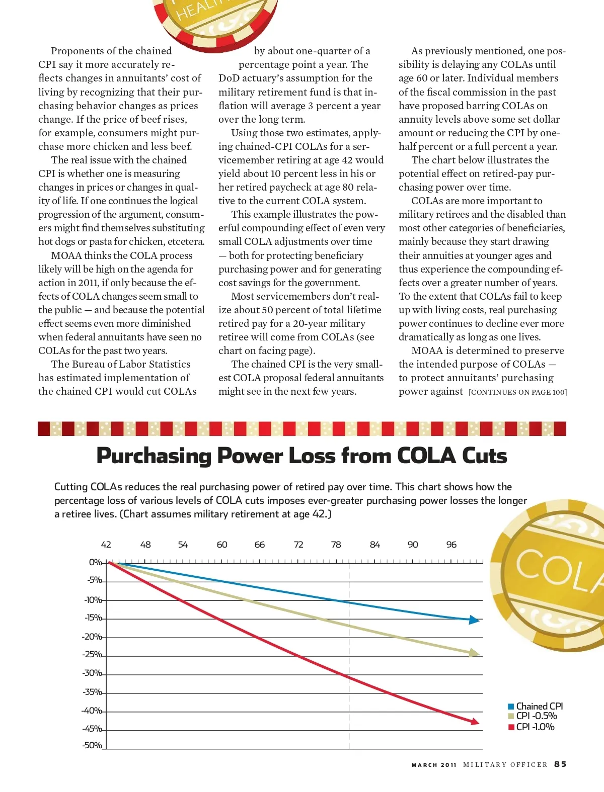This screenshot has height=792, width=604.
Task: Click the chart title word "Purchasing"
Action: (154, 456)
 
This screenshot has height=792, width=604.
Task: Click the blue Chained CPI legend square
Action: (511, 707)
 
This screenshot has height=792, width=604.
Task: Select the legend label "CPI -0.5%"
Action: (537, 716)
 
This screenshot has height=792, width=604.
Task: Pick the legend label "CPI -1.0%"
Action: (535, 727)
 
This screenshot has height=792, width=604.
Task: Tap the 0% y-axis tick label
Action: (95, 562)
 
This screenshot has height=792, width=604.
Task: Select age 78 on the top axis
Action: (336, 545)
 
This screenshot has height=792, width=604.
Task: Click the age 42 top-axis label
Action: (106, 545)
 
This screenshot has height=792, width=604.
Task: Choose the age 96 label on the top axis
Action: (451, 545)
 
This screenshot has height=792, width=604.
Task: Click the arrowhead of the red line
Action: (475, 722)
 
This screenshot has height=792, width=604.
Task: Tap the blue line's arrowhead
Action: (474, 620)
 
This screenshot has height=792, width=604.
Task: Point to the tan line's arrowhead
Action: (475, 653)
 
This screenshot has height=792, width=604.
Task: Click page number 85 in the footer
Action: (560, 764)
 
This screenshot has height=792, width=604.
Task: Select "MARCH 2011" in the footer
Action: (434, 765)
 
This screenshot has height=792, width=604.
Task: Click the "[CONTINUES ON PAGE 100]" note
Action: (517, 392)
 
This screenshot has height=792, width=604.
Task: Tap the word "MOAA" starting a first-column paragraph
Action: (66, 255)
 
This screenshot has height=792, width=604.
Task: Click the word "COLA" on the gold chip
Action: (559, 571)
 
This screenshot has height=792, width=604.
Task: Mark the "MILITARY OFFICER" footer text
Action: (505, 765)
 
